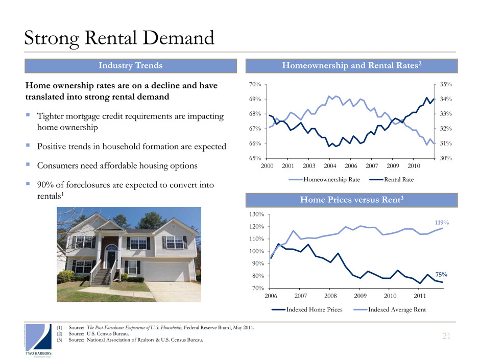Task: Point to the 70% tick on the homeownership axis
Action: [255, 84]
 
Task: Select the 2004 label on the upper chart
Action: [329, 166]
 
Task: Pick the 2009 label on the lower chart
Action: [360, 296]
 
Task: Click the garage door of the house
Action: [160, 272]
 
